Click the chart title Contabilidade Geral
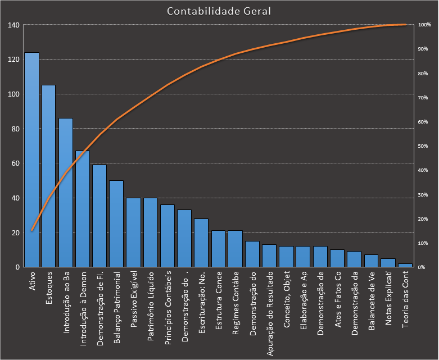pos(219,11)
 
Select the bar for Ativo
pos(31,160)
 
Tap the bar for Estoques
pos(49,176)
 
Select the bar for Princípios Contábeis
pos(168,236)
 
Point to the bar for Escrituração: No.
pos(201,243)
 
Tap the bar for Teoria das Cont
pos(405,265)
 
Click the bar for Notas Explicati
pos(388,263)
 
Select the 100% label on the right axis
pos(424,25)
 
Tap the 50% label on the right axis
pos(423,146)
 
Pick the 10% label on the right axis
pos(423,243)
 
